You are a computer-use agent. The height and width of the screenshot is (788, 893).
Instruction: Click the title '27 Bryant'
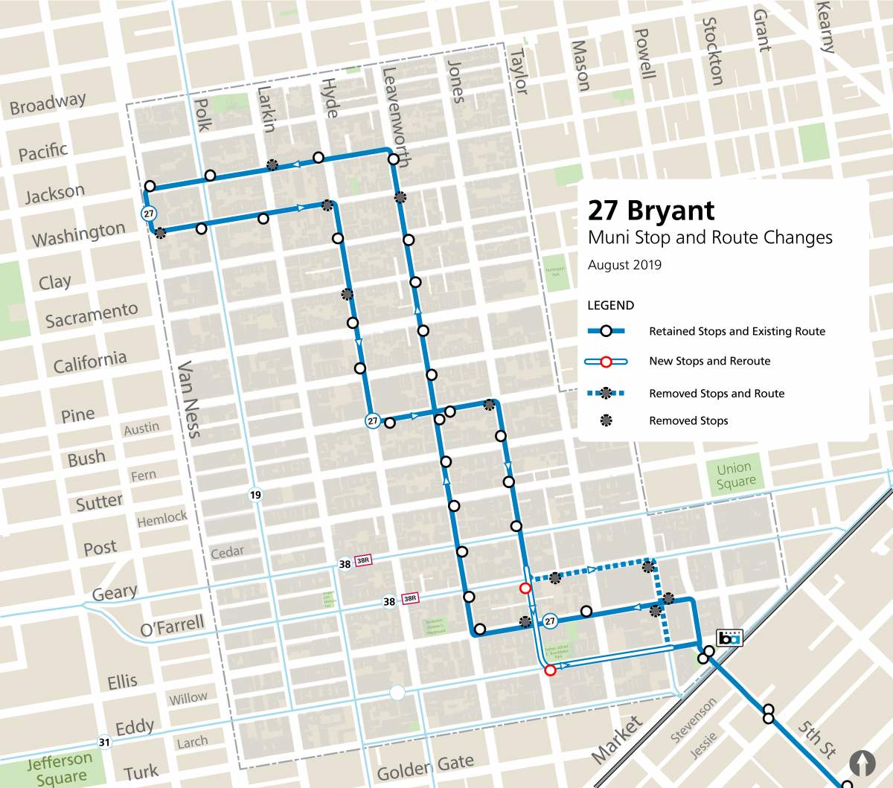pyautogui.click(x=651, y=211)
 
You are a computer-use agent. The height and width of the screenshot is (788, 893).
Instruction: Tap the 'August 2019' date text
pyautogui.click(x=624, y=265)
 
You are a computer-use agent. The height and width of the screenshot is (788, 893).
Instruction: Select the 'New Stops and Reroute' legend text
pyautogui.click(x=709, y=361)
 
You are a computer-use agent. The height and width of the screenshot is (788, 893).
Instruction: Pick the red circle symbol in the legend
pyautogui.click(x=606, y=362)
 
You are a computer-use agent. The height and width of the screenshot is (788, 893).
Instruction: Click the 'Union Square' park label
pyautogui.click(x=735, y=475)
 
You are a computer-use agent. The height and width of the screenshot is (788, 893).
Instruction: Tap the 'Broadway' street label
pyautogui.click(x=48, y=103)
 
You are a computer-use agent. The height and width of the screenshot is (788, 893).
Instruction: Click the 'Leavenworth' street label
pyautogui.click(x=395, y=117)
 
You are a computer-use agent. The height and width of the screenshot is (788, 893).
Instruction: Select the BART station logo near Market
pyautogui.click(x=729, y=638)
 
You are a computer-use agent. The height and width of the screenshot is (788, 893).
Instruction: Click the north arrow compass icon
pyautogui.click(x=862, y=763)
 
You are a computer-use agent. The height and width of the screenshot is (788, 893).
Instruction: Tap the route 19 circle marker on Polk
pyautogui.click(x=255, y=495)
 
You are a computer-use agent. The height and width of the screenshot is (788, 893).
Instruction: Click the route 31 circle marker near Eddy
pyautogui.click(x=104, y=742)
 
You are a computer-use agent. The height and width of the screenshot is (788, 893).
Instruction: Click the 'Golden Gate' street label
pyautogui.click(x=425, y=767)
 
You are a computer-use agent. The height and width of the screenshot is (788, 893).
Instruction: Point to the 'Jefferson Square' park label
pyautogui.click(x=60, y=769)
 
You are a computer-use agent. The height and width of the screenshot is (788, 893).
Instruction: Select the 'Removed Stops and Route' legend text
pyautogui.click(x=716, y=394)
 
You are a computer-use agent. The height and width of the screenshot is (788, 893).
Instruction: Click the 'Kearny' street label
pyautogui.click(x=825, y=27)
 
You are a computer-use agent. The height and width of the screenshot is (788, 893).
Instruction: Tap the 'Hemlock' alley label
pyautogui.click(x=162, y=518)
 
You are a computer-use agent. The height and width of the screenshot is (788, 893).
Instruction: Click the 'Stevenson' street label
pyautogui.click(x=693, y=720)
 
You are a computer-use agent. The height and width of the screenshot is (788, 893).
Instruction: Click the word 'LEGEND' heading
pyautogui.click(x=610, y=305)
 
